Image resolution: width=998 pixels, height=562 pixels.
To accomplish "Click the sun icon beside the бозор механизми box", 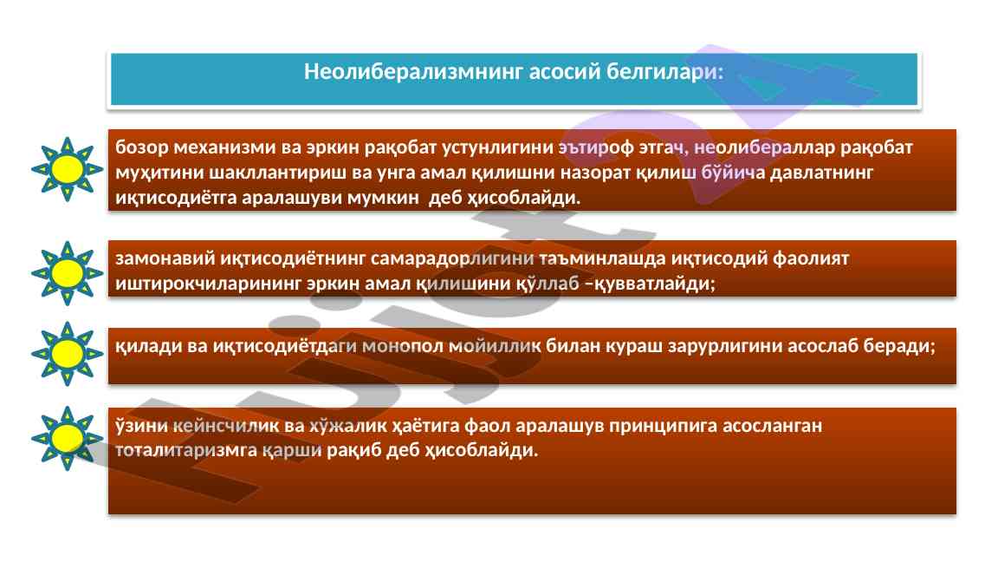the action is [x=68, y=169].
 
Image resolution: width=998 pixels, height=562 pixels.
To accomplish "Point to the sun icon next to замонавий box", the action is [x=68, y=273].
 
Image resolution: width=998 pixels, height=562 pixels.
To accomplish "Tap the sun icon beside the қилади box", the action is [x=68, y=354].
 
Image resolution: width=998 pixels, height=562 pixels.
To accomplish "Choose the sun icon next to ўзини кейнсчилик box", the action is [x=68, y=438].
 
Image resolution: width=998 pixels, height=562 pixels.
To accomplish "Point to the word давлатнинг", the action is [x=821, y=173].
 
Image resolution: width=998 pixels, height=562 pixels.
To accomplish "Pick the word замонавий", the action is [x=165, y=258].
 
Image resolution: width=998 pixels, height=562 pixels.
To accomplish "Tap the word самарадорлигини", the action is [x=452, y=258].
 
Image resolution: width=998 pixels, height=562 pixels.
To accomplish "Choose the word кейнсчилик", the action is [x=226, y=426].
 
